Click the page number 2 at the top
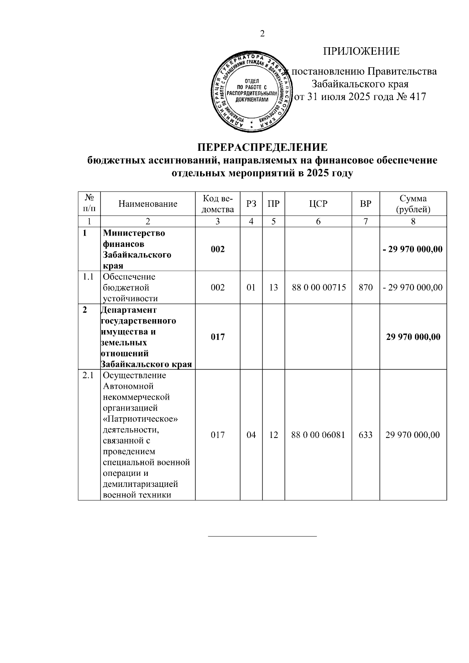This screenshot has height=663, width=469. (x=262, y=34)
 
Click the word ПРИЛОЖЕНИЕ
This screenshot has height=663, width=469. (x=361, y=51)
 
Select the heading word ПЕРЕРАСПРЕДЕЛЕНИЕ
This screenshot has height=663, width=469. (x=262, y=147)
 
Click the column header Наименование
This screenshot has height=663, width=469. (x=148, y=204)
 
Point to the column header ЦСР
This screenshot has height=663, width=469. (x=318, y=204)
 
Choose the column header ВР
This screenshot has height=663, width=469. (x=365, y=204)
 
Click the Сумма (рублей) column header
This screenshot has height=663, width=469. (x=413, y=204)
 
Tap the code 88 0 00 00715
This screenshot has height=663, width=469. (x=319, y=288)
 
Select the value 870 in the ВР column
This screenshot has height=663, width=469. (x=365, y=288)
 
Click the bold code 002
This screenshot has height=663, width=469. (x=218, y=249)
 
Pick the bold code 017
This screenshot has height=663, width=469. (x=218, y=337)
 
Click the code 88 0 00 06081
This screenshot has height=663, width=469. (x=319, y=435)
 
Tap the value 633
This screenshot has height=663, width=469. (x=365, y=435)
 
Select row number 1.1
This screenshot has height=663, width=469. (x=88, y=277)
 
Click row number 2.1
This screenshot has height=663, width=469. (x=88, y=375)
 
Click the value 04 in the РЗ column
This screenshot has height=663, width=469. (x=251, y=435)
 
